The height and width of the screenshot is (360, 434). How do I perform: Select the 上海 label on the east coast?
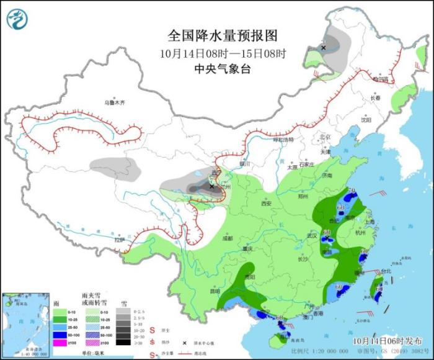[370, 221]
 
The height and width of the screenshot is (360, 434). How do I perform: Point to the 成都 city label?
[227, 238]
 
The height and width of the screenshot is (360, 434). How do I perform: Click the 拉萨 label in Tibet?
[120, 240]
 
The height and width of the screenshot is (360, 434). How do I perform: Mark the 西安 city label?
[267, 204]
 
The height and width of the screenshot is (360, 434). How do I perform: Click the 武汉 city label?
[312, 236]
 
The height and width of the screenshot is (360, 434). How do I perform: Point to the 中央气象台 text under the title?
[222, 69]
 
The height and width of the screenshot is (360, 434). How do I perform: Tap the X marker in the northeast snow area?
[323, 47]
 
